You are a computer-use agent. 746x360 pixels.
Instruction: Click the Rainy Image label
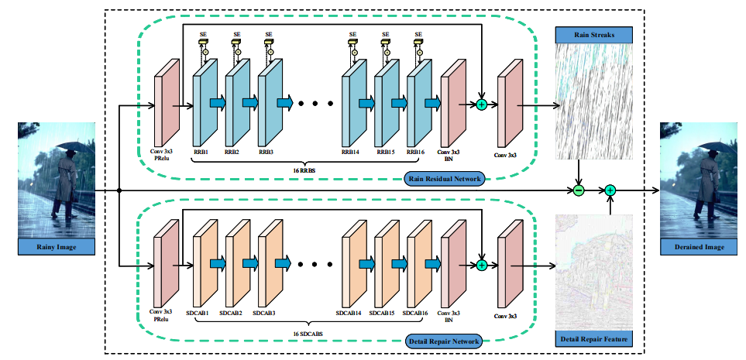[56, 248]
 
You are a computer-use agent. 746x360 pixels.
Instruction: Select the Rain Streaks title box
[594, 34]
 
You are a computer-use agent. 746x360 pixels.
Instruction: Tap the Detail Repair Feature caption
[594, 339]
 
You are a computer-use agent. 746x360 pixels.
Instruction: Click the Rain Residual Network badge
[443, 180]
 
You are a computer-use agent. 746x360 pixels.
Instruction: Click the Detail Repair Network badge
[443, 341]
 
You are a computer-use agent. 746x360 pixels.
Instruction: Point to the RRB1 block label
[201, 153]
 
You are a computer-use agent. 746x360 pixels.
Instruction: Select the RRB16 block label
[417, 153]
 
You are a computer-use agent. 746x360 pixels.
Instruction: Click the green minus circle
[578, 190]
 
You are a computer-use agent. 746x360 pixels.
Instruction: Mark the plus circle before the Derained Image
[610, 190]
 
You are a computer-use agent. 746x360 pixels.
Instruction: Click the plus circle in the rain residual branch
[481, 104]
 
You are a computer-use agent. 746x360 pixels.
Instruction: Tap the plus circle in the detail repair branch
[481, 265]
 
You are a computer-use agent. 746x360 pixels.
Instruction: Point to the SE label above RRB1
[204, 34]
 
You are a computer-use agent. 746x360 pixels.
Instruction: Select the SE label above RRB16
[418, 34]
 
